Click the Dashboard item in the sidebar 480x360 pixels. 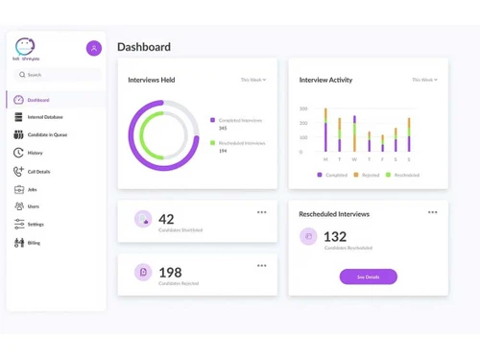tap(38, 100)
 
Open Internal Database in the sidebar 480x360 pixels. tap(46, 117)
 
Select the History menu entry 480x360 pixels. tap(35, 153)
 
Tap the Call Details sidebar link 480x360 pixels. tap(38, 171)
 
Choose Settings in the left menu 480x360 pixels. tap(36, 224)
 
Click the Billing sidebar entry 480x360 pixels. tap(34, 243)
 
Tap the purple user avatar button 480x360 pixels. tap(94, 48)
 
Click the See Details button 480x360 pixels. tap(368, 276)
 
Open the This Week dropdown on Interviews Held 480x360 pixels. tap(253, 80)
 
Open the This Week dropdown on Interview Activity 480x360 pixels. tap(424, 80)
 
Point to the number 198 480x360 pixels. tap(170, 273)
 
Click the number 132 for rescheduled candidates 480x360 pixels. tap(335, 236)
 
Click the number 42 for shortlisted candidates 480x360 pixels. tap(166, 219)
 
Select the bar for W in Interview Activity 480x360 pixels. tap(354, 134)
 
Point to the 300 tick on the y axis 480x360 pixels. tap(303, 109)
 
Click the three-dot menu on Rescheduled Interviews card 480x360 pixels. tap(433, 212)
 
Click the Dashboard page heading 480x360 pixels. tap(144, 47)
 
